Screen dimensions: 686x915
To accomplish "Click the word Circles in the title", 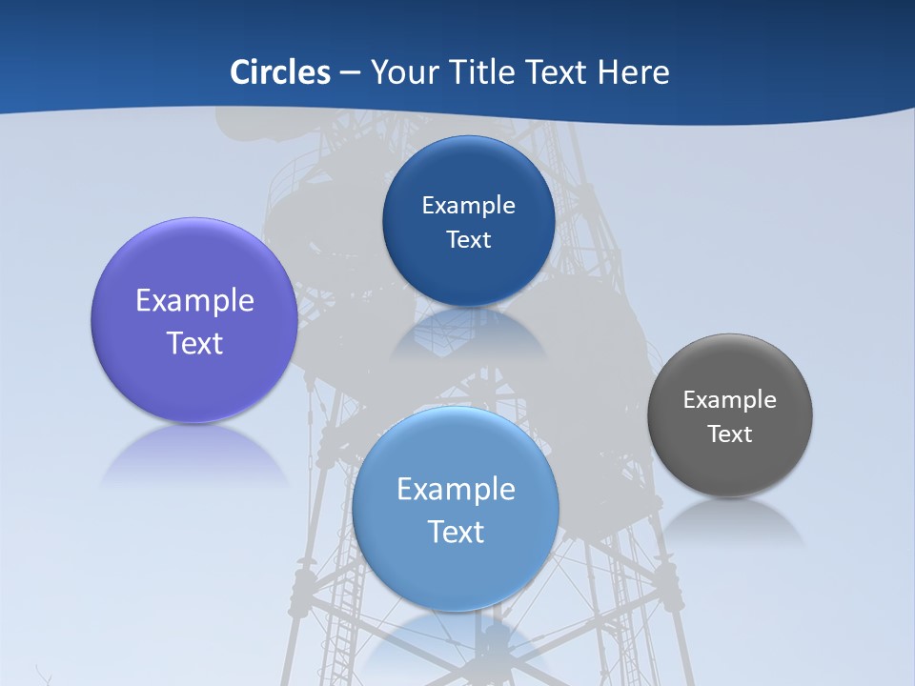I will (280, 72).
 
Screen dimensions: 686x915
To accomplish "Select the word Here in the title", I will (633, 72).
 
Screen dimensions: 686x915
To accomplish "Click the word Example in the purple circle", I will (194, 301).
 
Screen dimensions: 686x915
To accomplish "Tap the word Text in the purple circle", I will (194, 343).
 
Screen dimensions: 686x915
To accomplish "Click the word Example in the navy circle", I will (468, 206).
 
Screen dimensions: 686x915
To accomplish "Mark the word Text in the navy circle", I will (468, 239).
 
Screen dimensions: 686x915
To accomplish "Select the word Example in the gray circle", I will (729, 400).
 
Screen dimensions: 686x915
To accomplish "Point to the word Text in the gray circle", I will (729, 434).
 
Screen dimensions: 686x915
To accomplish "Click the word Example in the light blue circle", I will (456, 490).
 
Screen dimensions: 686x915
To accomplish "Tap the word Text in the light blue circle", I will (456, 532).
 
